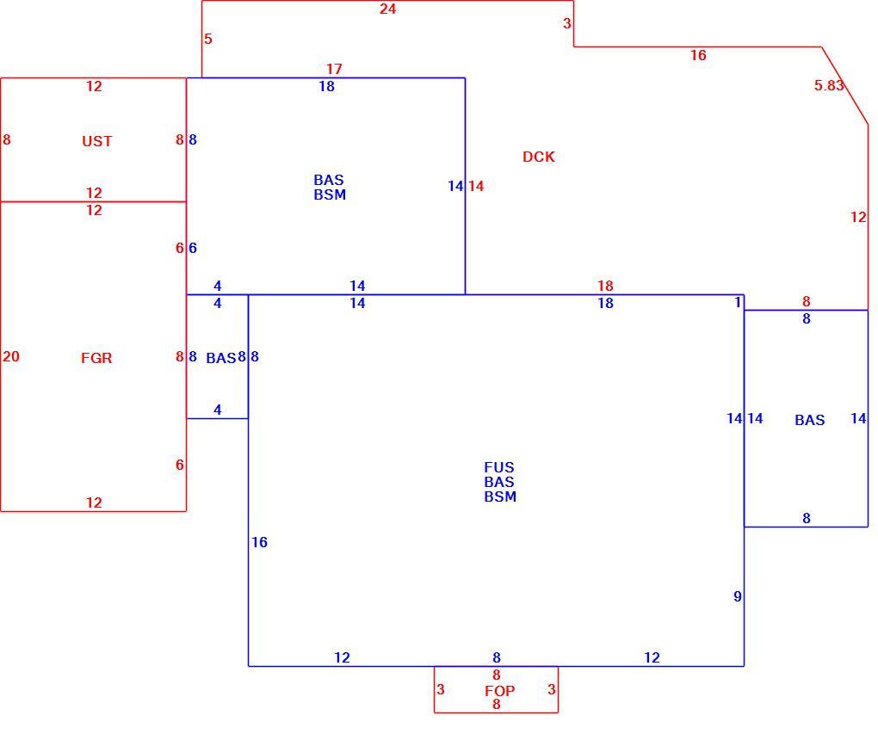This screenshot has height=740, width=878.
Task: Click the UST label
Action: point(97,141)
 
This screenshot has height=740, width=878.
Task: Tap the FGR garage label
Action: point(96,358)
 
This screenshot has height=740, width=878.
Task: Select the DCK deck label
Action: point(539,157)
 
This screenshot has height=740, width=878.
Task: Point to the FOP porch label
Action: point(499,691)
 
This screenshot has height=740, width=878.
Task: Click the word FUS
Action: point(499,467)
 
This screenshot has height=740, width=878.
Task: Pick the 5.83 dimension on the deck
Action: point(829,85)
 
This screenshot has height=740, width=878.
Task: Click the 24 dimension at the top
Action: point(387,9)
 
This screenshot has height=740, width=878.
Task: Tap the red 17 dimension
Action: point(334,69)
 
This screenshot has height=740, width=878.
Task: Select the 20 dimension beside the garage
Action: point(10,356)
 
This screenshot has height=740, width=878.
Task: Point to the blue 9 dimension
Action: point(738,596)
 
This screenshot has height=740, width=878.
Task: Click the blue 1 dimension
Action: point(738,302)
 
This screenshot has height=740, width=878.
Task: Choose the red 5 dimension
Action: point(208,40)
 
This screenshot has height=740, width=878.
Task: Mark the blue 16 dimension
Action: point(259,542)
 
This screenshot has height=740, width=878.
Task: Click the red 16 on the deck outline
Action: point(698,55)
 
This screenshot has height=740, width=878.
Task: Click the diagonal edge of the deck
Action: point(845,86)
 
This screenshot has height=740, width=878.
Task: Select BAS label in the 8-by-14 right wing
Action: point(810,420)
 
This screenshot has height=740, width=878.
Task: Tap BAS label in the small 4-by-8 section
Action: point(220,358)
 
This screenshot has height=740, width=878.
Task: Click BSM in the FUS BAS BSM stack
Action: point(500,496)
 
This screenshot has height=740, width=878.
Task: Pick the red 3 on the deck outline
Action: point(566,23)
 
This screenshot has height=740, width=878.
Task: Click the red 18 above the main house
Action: point(605,286)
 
